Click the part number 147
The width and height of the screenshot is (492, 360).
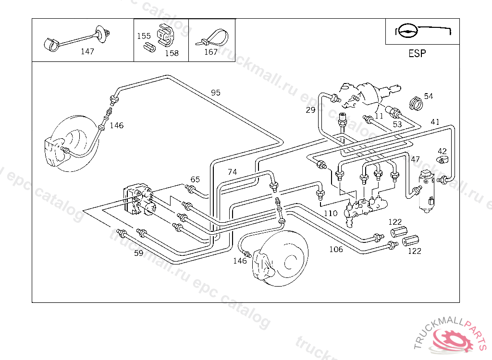87,52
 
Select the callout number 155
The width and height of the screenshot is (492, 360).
144,36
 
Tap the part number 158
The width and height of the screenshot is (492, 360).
172,53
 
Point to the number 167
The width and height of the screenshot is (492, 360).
211,52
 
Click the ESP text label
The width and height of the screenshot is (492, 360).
417,54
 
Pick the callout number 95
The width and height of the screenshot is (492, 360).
216,93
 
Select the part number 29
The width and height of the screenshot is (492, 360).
310,110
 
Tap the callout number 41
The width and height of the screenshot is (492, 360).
435,122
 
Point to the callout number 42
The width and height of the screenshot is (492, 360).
442,151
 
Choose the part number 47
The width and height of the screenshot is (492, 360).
415,159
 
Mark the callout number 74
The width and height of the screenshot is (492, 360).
232,172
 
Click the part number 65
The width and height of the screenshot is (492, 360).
195,180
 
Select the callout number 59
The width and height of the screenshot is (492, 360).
138,253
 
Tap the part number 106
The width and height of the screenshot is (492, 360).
336,249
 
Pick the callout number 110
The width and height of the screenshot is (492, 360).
331,214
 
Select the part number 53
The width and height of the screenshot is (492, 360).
397,124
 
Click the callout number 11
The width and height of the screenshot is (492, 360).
379,116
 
